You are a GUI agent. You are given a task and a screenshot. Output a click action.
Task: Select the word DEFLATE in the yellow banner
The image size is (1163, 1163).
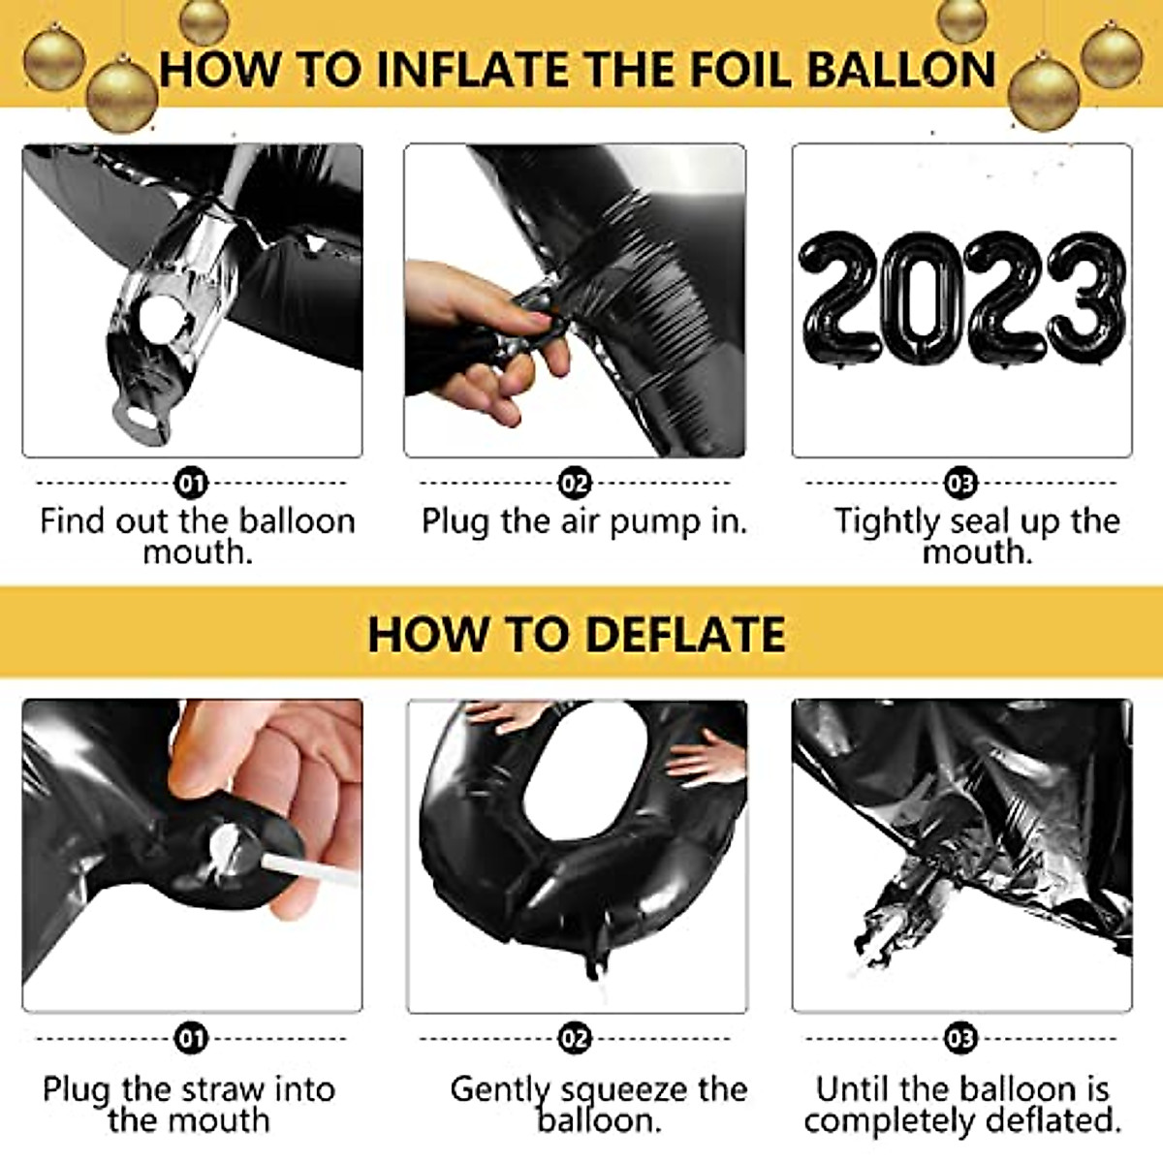point(685,635)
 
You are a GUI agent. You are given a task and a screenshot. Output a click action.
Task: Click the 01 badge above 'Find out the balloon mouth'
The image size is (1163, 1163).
point(192,483)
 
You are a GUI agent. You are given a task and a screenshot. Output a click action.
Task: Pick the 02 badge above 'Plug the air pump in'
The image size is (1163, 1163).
point(575,483)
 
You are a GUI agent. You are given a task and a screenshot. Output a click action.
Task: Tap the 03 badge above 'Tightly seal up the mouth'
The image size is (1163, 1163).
point(960,483)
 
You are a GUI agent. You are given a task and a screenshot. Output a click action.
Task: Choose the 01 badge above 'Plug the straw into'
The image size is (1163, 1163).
point(192,1039)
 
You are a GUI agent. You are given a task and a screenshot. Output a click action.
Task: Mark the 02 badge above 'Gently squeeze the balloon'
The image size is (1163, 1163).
point(575,1039)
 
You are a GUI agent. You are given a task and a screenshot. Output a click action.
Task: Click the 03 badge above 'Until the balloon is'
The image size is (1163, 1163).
point(960,1039)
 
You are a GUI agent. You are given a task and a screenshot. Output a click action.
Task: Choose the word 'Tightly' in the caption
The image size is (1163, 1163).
point(887,521)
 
